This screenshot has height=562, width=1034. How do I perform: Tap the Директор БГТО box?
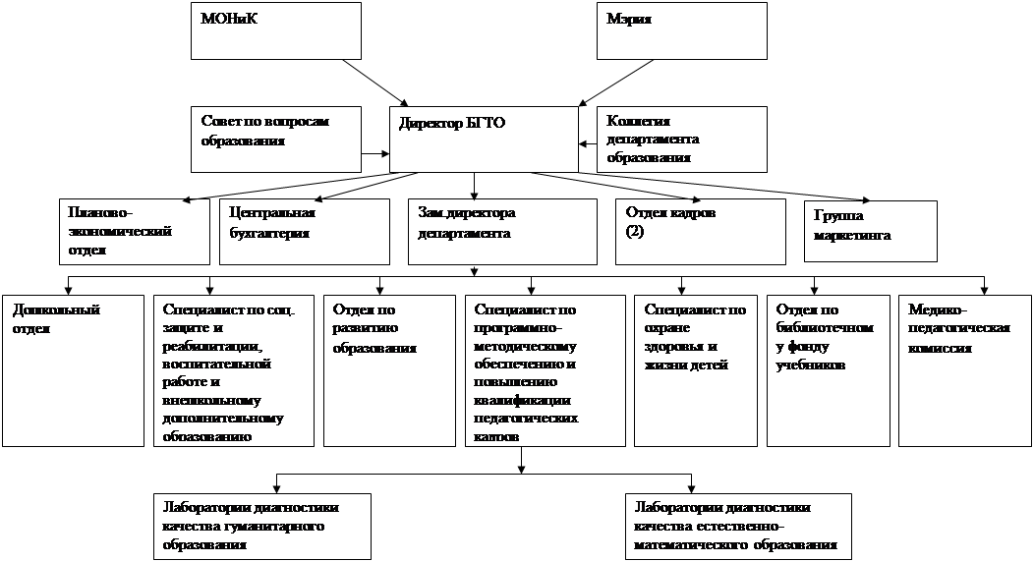click(x=484, y=138)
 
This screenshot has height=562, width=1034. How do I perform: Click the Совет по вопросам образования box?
click(x=276, y=138)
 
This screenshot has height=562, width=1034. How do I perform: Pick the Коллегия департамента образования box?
click(x=681, y=138)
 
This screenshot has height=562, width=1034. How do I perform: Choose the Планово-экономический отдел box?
click(x=134, y=232)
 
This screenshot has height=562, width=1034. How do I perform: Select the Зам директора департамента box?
click(x=501, y=232)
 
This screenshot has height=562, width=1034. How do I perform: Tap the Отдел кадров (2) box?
click(x=700, y=232)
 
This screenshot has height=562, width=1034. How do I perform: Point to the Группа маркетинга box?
click(x=870, y=232)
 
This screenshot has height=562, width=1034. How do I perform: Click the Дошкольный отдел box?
click(x=73, y=368)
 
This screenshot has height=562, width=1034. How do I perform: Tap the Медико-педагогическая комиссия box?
click(x=964, y=368)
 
